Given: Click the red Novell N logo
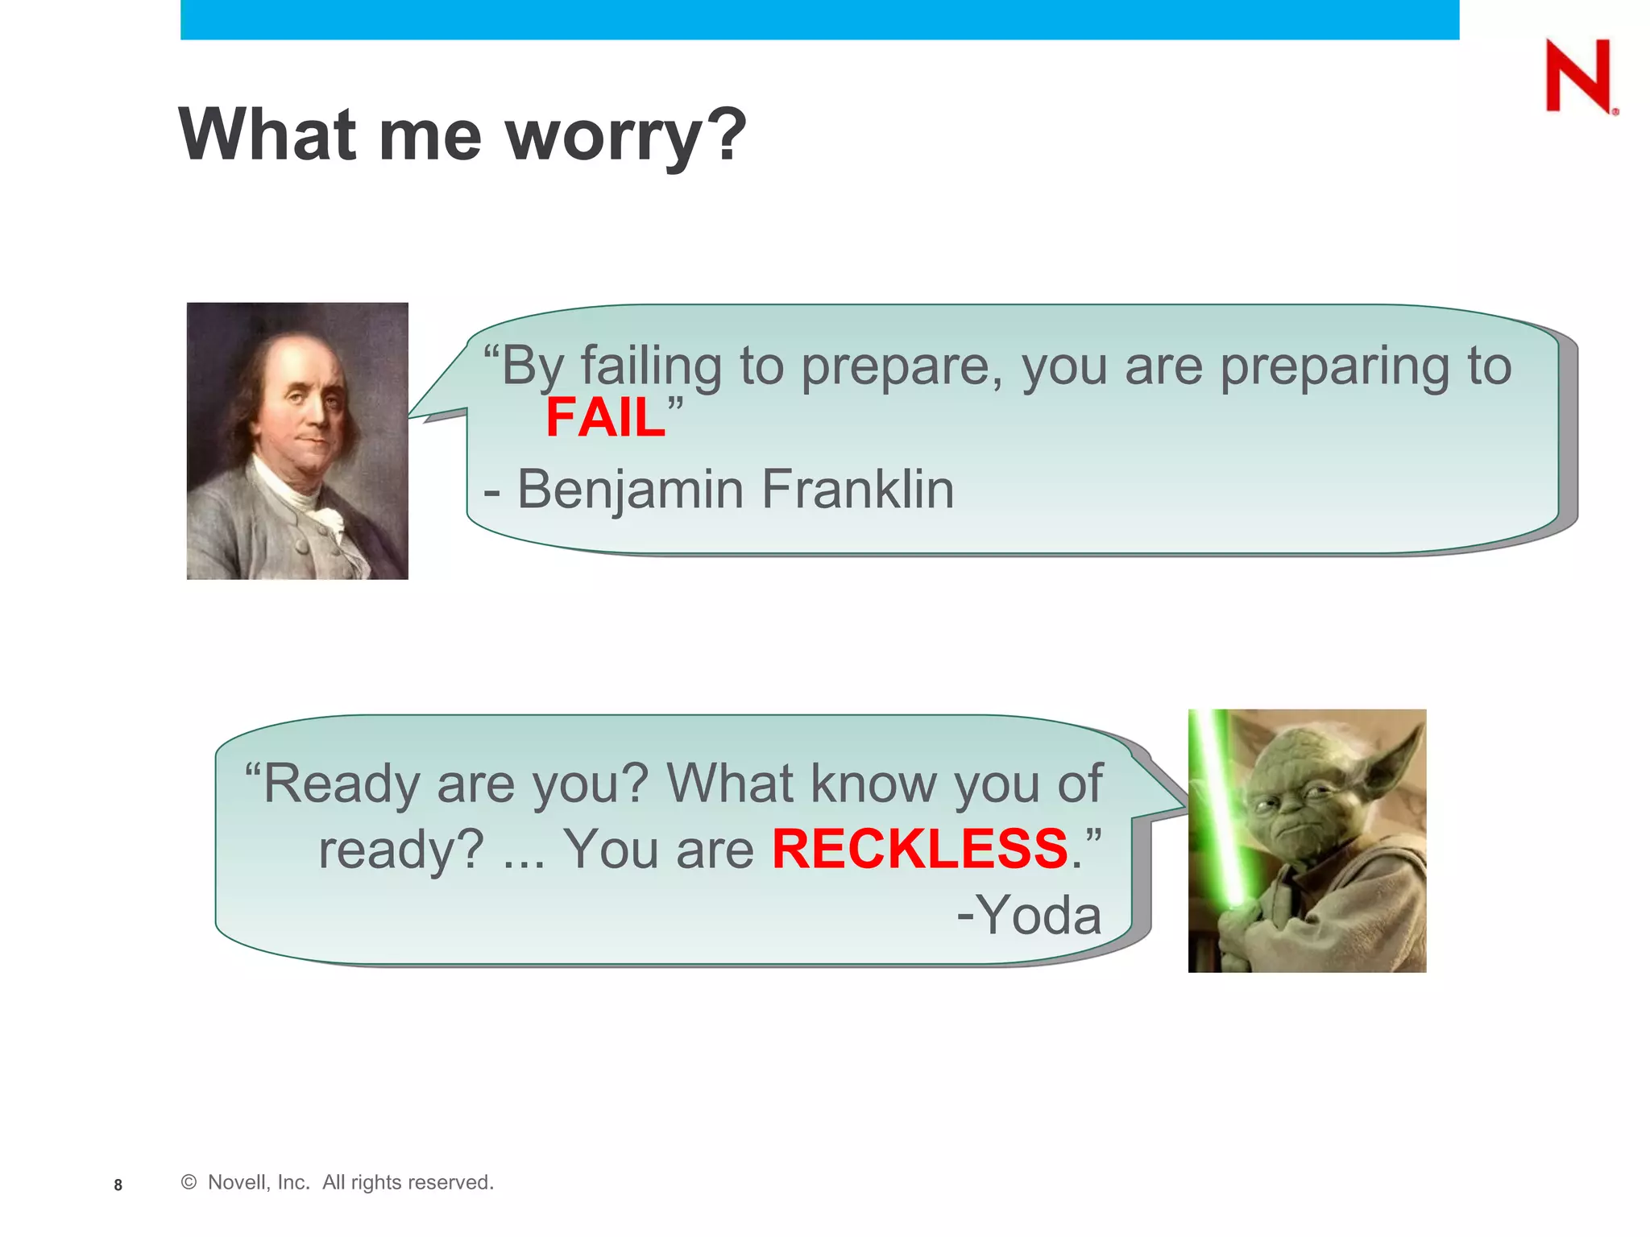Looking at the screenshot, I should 1577,77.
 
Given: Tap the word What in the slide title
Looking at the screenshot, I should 267,134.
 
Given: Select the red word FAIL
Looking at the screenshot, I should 605,418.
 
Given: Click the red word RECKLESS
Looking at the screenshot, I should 919,849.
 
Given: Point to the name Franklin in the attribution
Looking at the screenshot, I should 857,489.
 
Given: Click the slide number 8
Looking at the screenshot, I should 118,1185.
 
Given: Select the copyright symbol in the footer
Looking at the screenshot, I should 189,1182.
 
